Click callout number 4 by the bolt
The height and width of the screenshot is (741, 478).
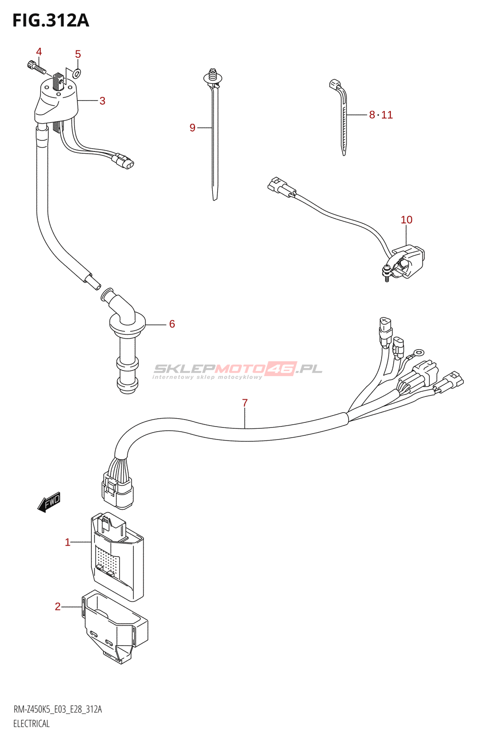point(39,51)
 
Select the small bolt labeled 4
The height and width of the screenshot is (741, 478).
point(36,68)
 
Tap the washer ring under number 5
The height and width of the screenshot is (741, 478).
point(77,72)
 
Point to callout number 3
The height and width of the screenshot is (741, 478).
point(102,101)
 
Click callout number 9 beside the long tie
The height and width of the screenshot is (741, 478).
point(192,128)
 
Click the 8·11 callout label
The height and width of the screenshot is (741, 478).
point(381,115)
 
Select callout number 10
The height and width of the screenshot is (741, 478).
point(406,220)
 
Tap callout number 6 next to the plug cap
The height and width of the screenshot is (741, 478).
point(172,324)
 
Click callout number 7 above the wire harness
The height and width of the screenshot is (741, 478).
point(245,403)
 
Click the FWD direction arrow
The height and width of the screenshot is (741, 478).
point(49,502)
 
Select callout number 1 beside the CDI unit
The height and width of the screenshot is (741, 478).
point(68,542)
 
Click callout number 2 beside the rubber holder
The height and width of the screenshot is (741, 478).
point(58,607)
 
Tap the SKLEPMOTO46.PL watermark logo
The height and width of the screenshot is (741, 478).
point(237,370)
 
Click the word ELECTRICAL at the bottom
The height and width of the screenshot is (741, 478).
point(31,723)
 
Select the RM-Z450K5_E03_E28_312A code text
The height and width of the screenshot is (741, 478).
point(57,709)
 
